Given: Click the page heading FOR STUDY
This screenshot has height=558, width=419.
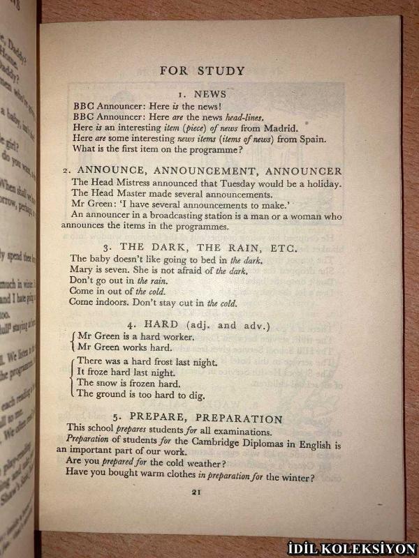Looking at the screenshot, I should coord(202,70).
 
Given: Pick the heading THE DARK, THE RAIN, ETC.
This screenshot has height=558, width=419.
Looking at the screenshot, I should coord(200,248).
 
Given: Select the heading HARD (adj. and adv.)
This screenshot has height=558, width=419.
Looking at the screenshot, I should coord(200,324).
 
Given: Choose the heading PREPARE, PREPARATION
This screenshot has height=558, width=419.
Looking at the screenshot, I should coord(200,418).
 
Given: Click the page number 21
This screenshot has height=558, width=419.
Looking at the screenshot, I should coord(196,492).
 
